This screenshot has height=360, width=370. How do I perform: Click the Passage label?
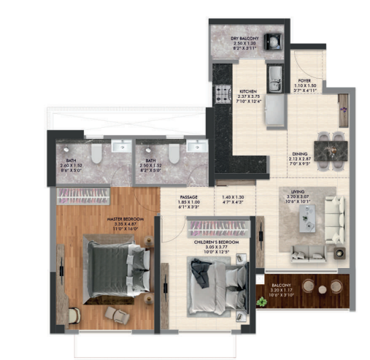[190, 198]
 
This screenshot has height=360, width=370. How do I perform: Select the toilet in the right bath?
[173, 152]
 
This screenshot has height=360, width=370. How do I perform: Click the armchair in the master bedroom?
[115, 313]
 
